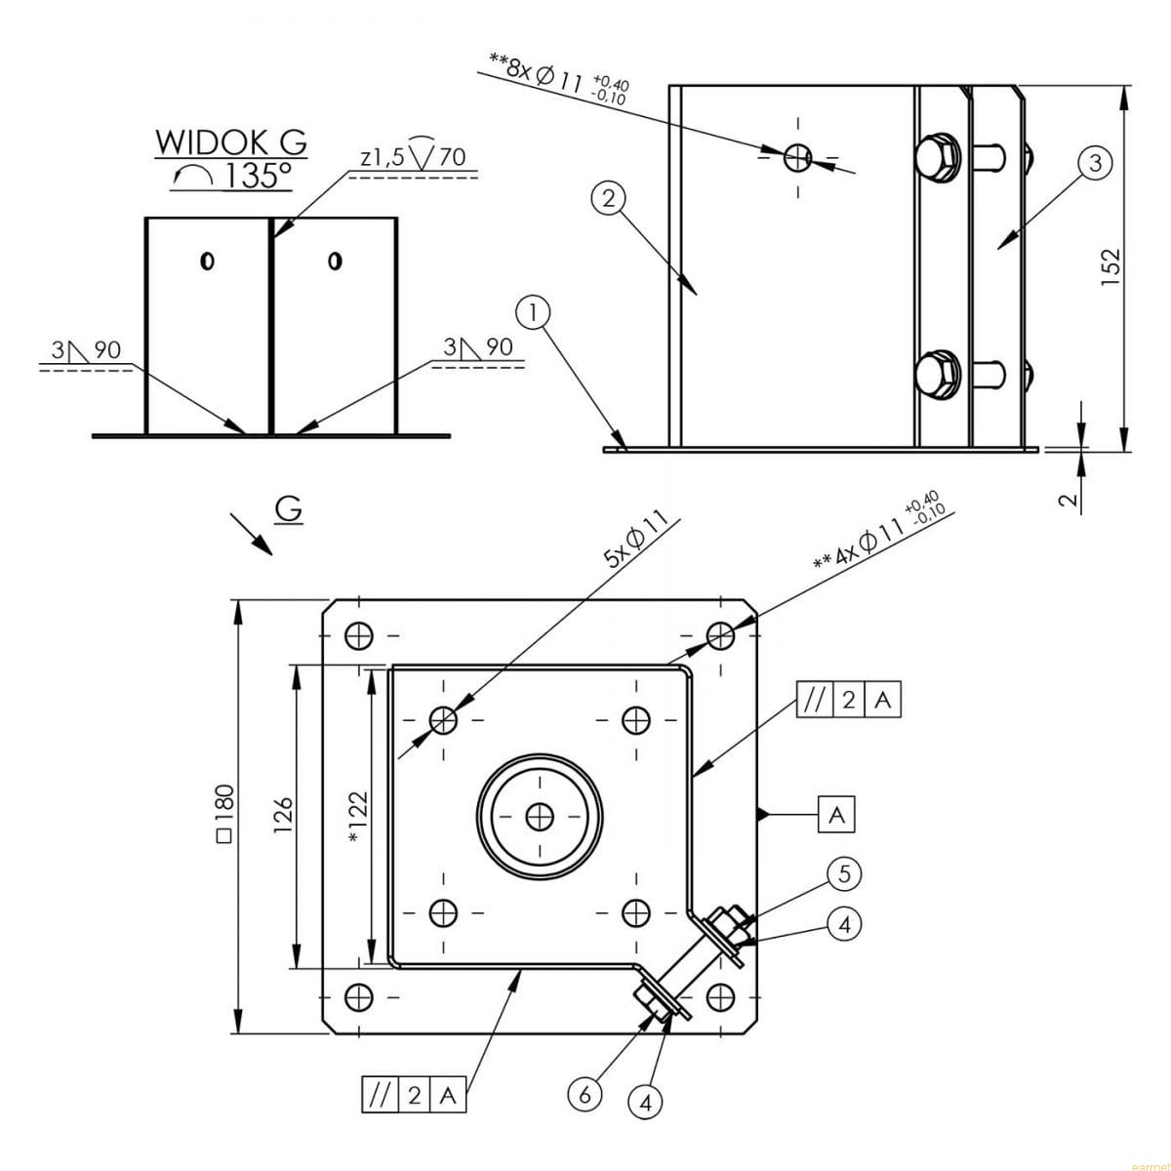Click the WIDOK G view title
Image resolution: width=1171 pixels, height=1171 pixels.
click(x=231, y=142)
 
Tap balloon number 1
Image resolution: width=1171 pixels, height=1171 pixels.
click(x=533, y=313)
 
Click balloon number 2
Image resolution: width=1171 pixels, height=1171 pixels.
click(x=609, y=199)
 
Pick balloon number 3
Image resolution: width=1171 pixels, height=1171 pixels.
click(x=1095, y=164)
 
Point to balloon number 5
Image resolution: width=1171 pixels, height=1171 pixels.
click(x=845, y=873)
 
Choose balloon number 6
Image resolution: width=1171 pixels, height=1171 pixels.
click(x=585, y=1095)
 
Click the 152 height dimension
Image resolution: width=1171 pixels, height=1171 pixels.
click(x=1110, y=267)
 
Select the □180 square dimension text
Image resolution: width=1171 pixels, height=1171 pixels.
click(x=224, y=813)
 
